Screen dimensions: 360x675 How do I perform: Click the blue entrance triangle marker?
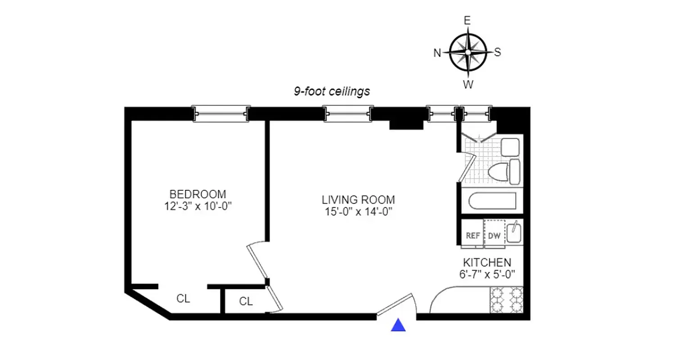398,325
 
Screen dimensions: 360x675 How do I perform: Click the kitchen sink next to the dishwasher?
513,233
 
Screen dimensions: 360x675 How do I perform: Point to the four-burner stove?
506,300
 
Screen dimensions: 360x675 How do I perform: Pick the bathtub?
492,201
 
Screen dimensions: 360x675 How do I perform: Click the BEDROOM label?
198,194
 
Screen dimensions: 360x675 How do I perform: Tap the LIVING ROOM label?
358,199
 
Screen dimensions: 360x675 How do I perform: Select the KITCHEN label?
487,262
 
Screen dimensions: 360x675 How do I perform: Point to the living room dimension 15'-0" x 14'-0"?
358,211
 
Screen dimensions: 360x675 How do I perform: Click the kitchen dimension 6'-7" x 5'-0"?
487,274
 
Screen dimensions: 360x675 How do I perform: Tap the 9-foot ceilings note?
332,91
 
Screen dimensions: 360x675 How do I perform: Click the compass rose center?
468,52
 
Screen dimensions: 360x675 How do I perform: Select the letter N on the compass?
437,53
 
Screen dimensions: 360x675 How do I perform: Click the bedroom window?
220,114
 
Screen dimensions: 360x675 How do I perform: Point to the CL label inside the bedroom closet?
183,299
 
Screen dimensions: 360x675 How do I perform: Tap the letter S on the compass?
498,52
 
